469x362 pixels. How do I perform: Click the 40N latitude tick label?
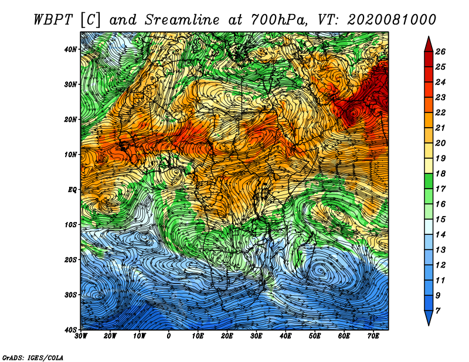tap(70, 49)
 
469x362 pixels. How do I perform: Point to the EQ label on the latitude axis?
tap(72, 190)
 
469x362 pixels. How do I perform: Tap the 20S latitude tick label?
tap(70, 259)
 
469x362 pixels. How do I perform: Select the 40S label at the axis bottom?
tap(70, 330)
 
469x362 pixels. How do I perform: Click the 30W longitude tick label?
tap(81, 336)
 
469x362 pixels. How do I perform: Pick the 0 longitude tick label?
tap(169, 336)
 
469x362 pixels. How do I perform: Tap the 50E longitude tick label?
tap(315, 336)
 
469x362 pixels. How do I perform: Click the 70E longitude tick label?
tap(373, 336)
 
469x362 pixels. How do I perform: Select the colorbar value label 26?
tap(440, 52)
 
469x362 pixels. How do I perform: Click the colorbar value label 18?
tap(440, 173)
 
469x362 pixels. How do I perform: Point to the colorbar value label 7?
tap(438, 311)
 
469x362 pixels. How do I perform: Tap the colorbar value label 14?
tap(440, 235)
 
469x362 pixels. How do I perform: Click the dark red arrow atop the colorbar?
tap(429, 45)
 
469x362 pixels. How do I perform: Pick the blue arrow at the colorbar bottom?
tap(429, 318)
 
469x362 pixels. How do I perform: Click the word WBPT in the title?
tap(53, 20)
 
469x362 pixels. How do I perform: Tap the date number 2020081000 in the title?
tap(392, 20)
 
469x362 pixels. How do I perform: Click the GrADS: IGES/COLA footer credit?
tap(33, 357)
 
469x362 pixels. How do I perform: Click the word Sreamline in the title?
tap(182, 20)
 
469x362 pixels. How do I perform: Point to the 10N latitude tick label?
tap(70, 155)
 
